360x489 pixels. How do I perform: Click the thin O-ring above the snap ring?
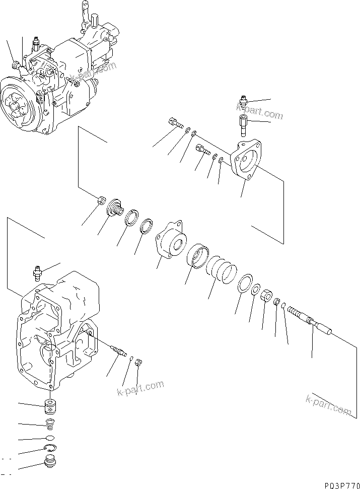(x=49, y=438)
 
